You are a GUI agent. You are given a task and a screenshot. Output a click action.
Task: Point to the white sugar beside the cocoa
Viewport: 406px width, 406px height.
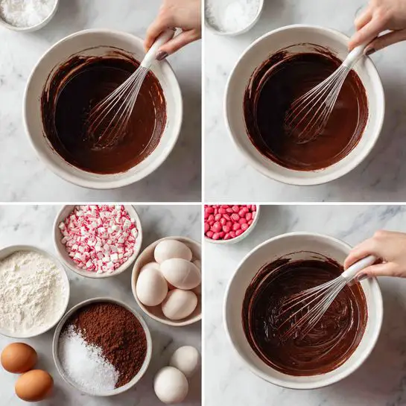[85, 364]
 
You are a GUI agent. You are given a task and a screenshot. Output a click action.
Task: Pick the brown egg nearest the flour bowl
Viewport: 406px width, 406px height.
[18, 358]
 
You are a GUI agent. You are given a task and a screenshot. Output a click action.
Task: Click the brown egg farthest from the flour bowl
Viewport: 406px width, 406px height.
[34, 385]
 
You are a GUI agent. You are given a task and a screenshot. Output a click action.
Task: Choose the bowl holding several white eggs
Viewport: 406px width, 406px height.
[168, 279]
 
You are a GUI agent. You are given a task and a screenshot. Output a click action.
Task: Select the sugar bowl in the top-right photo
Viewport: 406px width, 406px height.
[232, 14]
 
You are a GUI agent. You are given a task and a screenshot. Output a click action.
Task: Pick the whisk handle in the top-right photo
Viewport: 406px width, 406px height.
[356, 56]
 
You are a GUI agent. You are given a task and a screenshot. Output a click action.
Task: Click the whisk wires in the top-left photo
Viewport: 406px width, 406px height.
[112, 115]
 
